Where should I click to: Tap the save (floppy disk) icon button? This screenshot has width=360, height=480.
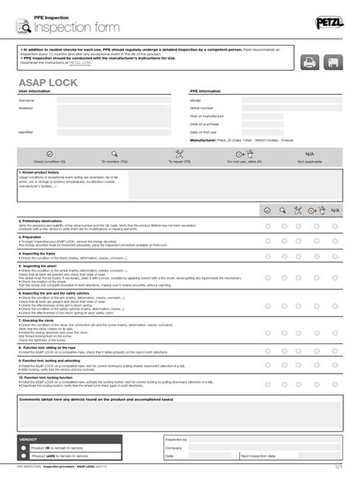[335, 62]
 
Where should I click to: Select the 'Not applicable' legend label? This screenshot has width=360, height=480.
[308, 161]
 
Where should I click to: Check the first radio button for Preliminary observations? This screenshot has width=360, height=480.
[267, 226]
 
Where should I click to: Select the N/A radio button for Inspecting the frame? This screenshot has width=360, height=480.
[335, 257]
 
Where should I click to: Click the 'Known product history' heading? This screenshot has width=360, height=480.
[42, 172]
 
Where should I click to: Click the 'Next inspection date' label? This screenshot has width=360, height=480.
[258, 456]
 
